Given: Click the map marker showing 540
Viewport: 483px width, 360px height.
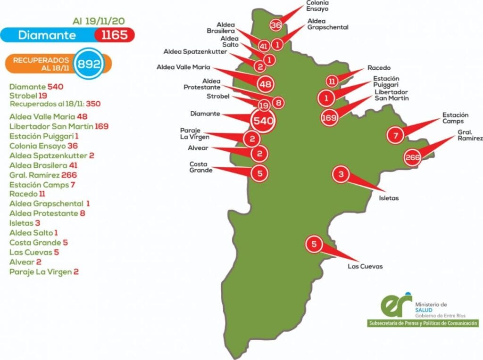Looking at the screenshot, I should (x=263, y=121).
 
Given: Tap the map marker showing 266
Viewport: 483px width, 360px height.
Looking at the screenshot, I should (x=413, y=158).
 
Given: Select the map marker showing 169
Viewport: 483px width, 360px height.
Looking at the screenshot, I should (x=329, y=118).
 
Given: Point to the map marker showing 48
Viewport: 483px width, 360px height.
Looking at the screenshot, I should (x=265, y=84).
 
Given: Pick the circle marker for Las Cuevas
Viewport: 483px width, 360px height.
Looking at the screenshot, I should (x=314, y=244).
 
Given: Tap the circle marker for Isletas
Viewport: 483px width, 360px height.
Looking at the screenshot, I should (x=341, y=175).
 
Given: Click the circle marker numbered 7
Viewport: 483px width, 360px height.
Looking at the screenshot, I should (x=395, y=136).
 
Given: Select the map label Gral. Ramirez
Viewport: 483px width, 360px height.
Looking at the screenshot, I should (x=470, y=136).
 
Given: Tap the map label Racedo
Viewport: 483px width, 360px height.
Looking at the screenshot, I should (x=379, y=68).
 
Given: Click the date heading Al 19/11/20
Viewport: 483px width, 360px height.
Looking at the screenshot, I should (x=99, y=21).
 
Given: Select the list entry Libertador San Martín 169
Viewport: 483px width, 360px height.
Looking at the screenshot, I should (x=59, y=126).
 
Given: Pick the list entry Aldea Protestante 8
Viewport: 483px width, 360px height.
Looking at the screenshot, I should (x=47, y=213).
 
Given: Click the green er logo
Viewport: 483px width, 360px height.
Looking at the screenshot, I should (x=395, y=306).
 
